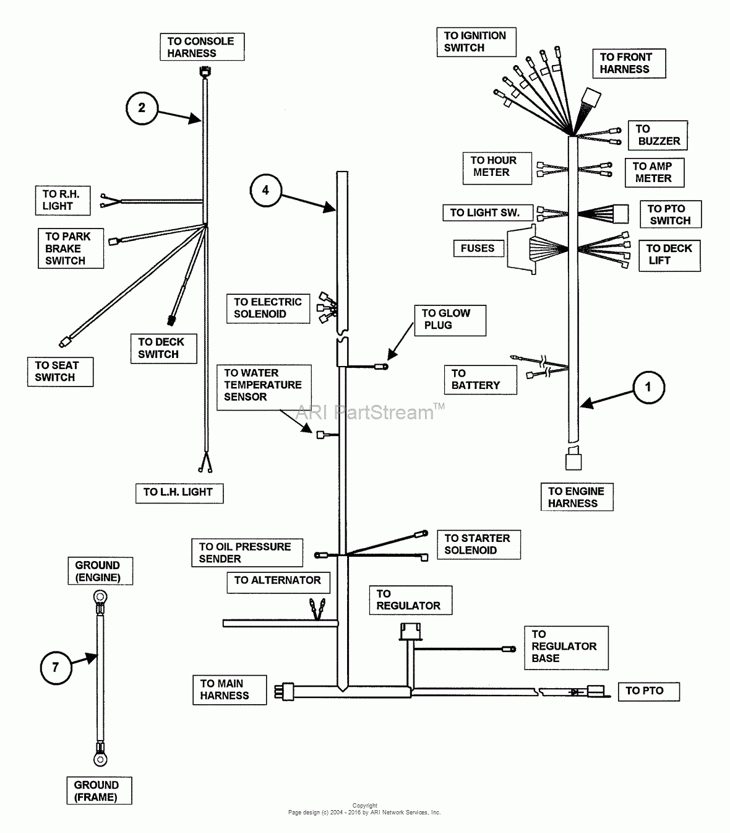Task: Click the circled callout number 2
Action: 142,108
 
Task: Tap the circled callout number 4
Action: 265,190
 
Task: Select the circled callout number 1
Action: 648,388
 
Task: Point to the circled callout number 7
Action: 56,667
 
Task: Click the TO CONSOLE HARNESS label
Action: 202,47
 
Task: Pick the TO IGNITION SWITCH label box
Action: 476,42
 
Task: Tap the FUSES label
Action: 478,248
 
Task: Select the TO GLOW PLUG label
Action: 449,320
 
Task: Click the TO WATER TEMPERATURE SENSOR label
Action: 264,385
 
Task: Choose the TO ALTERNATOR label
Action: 278,581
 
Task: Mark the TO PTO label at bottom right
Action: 648,691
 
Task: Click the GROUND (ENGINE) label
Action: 98,572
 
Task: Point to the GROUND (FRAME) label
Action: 98,791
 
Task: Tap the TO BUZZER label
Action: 657,135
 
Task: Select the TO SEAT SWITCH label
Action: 59,372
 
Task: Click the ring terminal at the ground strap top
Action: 98,598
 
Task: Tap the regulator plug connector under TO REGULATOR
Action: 409,631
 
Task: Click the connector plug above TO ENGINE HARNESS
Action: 573,462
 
